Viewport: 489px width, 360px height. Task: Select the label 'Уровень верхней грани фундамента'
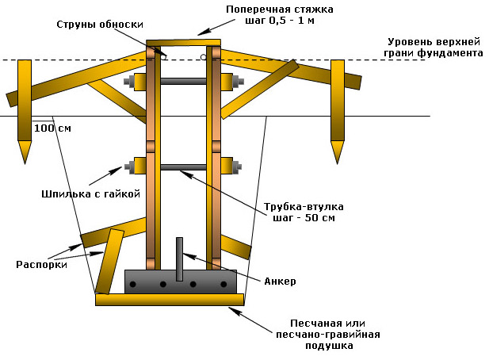point(435,48)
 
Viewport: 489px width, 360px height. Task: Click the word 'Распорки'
point(40,265)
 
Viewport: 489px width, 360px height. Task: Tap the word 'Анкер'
point(277,281)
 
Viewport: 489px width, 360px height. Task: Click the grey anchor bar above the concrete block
point(179,258)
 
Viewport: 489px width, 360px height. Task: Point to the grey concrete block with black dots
point(181,281)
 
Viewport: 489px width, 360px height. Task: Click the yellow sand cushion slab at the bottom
point(170,300)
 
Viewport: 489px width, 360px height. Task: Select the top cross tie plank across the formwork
point(183,42)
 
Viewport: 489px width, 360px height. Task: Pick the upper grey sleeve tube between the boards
point(184,81)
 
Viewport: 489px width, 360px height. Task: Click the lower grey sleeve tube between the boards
point(184,167)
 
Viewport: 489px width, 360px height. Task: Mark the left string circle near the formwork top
point(163,57)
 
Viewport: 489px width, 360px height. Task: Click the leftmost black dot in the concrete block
point(134,284)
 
